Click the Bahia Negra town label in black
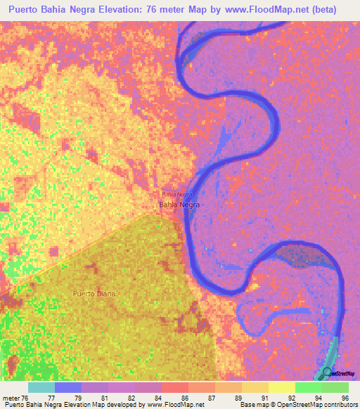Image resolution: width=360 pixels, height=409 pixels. pos(179,204)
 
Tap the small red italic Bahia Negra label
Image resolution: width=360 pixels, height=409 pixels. pos(176,194)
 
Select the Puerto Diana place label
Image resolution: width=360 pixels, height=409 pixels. pos(94,292)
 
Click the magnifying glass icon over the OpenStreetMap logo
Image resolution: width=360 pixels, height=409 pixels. pos(327,372)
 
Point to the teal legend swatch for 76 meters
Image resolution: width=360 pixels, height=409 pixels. pos(41,387)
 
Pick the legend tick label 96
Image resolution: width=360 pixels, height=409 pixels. pos(345,398)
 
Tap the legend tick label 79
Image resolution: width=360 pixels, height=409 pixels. pos(77,398)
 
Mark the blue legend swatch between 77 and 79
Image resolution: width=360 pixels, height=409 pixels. pos(68,387)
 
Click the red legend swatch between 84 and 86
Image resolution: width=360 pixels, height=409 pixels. pos(175,387)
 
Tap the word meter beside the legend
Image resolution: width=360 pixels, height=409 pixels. pos(11,398)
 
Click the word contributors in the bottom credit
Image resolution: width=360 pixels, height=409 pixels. pos(340,405)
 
